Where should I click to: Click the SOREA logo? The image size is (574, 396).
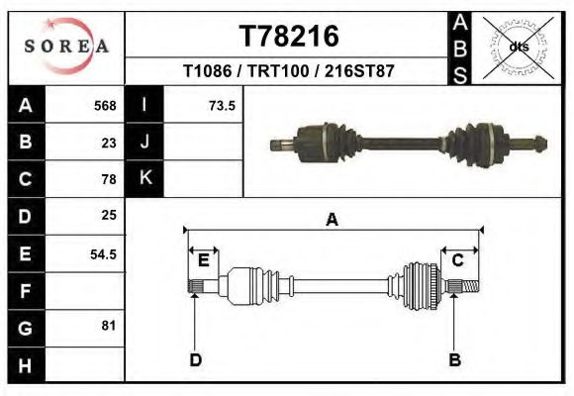(65, 47)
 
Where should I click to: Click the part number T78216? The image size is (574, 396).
(289, 37)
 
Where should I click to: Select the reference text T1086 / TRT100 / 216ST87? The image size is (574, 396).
(289, 72)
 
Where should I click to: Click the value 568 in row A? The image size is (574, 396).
(105, 106)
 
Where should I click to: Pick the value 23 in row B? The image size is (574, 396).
(109, 143)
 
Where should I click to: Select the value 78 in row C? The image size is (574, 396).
(109, 179)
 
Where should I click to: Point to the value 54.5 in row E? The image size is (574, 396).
(104, 253)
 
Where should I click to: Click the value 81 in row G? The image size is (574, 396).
(109, 326)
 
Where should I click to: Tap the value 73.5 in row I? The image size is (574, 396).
(221, 106)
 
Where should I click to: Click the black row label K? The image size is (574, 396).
(144, 178)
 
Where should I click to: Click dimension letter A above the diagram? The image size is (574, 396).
(332, 221)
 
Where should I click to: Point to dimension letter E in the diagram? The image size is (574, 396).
(203, 260)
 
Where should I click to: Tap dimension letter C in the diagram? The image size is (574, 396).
(458, 260)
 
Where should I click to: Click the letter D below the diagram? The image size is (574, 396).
(195, 359)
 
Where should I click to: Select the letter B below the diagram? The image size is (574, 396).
(454, 359)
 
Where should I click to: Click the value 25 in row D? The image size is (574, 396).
(109, 215)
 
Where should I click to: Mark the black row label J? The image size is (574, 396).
(144, 142)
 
